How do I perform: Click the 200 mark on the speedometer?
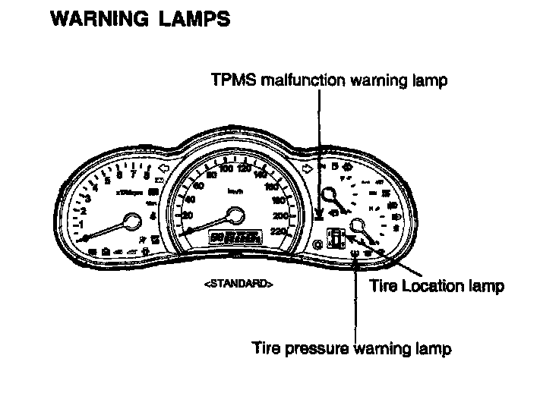click(x=282, y=216)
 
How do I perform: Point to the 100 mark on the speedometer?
click(x=226, y=168)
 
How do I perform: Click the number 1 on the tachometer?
click(x=82, y=225)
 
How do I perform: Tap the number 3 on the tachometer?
click(x=89, y=199)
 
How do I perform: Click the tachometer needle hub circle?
click(x=131, y=222)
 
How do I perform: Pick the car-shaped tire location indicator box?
click(x=333, y=237)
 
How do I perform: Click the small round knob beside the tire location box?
click(x=317, y=244)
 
